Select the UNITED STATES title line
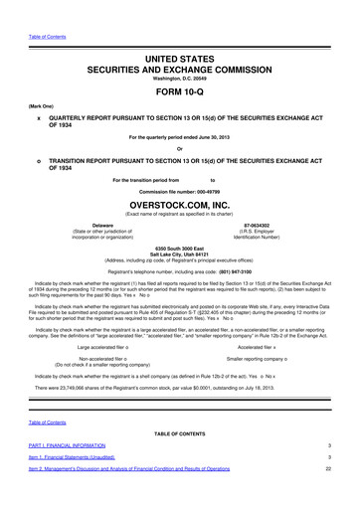click(x=180, y=33)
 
